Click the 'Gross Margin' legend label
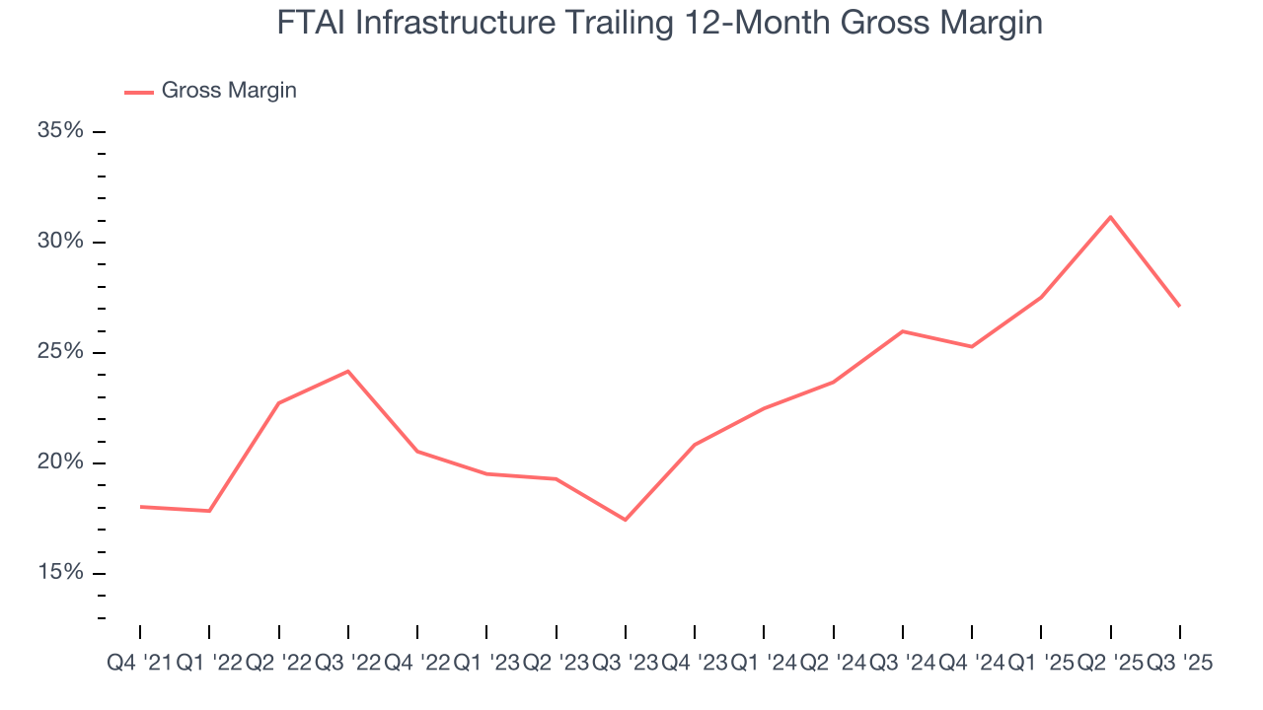pos(229,91)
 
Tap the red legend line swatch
pos(138,92)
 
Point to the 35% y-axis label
pos(59,131)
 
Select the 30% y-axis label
pos(59,242)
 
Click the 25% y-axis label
pos(59,352)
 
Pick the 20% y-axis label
pos(59,462)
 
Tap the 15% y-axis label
pos(59,573)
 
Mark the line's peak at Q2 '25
pos(1111,217)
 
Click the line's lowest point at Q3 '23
pos(626,520)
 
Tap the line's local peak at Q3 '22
pos(348,371)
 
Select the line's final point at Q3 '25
pos(1180,306)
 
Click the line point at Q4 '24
pos(972,346)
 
